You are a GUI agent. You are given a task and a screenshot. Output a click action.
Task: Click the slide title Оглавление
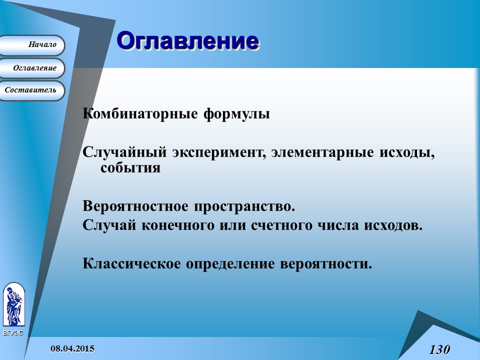click(187, 40)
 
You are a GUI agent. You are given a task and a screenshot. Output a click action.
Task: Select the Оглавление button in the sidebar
click(32, 68)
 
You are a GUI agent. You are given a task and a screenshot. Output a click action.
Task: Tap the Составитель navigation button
click(32, 90)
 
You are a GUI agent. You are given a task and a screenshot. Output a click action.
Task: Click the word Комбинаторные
click(140, 113)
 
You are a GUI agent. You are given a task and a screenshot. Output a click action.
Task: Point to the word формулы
click(237, 114)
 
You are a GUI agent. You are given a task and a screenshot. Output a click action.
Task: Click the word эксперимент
click(218, 152)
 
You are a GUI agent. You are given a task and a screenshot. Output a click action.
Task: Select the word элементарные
click(322, 152)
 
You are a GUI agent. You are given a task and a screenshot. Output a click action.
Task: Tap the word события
click(130, 167)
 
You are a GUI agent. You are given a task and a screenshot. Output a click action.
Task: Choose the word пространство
click(244, 206)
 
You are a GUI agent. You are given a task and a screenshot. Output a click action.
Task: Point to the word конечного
click(178, 225)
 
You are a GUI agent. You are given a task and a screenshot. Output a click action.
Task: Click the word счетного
click(282, 225)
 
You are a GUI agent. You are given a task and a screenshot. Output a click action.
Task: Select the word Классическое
click(131, 263)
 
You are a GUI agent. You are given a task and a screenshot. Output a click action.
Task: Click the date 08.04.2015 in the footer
click(72, 348)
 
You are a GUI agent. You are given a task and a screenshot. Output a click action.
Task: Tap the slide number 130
click(439, 349)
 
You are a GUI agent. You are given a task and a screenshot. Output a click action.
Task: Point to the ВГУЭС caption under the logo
click(13, 333)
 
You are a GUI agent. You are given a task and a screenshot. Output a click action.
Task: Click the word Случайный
click(124, 152)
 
